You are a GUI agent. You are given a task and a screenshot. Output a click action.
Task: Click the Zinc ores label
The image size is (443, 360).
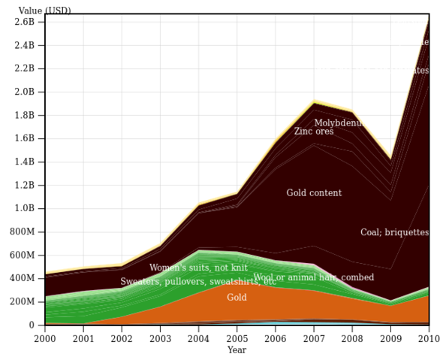314,132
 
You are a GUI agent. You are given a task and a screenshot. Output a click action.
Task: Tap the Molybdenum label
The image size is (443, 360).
339,123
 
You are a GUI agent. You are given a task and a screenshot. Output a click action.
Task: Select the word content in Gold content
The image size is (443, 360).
325,193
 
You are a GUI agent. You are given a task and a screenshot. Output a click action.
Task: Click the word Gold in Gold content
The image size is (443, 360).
297,193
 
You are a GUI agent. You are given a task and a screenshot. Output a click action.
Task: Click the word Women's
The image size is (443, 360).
168,268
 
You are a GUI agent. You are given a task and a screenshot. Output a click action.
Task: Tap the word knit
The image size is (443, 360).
238,268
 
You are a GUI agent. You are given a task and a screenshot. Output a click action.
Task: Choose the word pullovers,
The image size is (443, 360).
184,282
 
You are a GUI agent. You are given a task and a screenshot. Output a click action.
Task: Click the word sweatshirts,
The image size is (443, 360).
234,282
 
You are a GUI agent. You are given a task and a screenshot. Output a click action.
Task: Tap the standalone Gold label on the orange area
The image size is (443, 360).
237,298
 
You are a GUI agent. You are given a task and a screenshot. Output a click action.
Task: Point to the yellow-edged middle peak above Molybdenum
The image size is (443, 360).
315,101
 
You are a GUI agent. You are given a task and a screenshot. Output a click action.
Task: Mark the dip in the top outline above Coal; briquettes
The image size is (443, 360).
390,159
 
